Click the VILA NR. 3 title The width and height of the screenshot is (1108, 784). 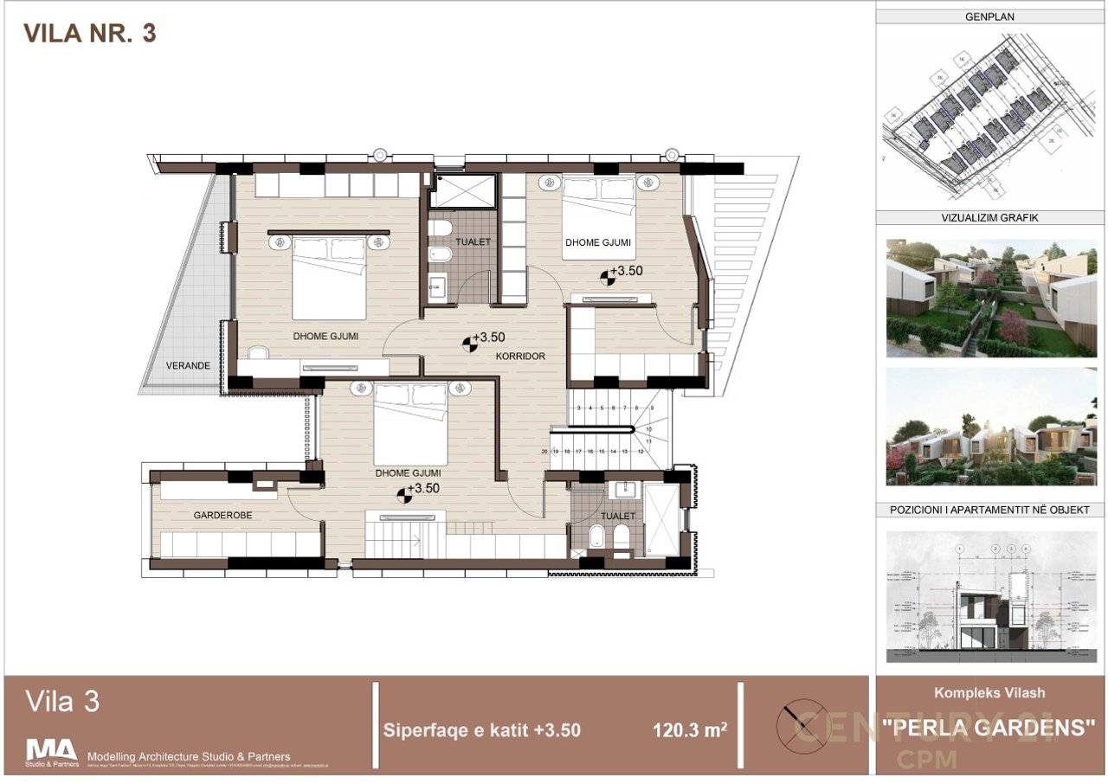point(89,34)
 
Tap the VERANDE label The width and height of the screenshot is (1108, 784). point(188,365)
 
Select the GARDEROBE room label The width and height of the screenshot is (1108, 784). point(222,515)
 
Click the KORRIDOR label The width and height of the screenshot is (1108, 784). point(519,356)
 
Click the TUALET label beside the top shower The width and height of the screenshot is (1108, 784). point(472,242)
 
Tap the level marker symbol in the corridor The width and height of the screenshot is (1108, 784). point(468,344)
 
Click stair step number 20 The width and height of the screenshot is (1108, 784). point(544,451)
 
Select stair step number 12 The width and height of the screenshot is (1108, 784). point(640,451)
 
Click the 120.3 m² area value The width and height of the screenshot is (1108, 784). point(689,730)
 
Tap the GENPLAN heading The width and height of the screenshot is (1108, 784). point(989,16)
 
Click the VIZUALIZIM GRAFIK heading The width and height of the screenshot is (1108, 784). point(989,218)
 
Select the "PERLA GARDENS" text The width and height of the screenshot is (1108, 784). point(989,728)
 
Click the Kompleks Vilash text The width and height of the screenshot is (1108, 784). point(989,693)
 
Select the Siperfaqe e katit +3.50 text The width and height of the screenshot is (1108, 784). point(481,730)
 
